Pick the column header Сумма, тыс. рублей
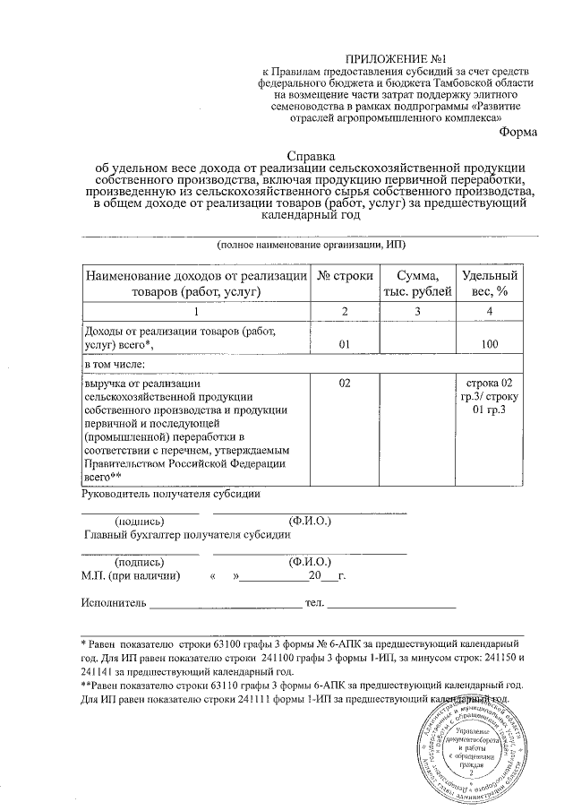coord(417,283)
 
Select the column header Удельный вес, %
coord(489,283)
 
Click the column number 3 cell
coord(417,310)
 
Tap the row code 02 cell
coord(345,383)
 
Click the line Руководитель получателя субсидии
coord(171,493)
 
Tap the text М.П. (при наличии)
coord(132,575)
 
